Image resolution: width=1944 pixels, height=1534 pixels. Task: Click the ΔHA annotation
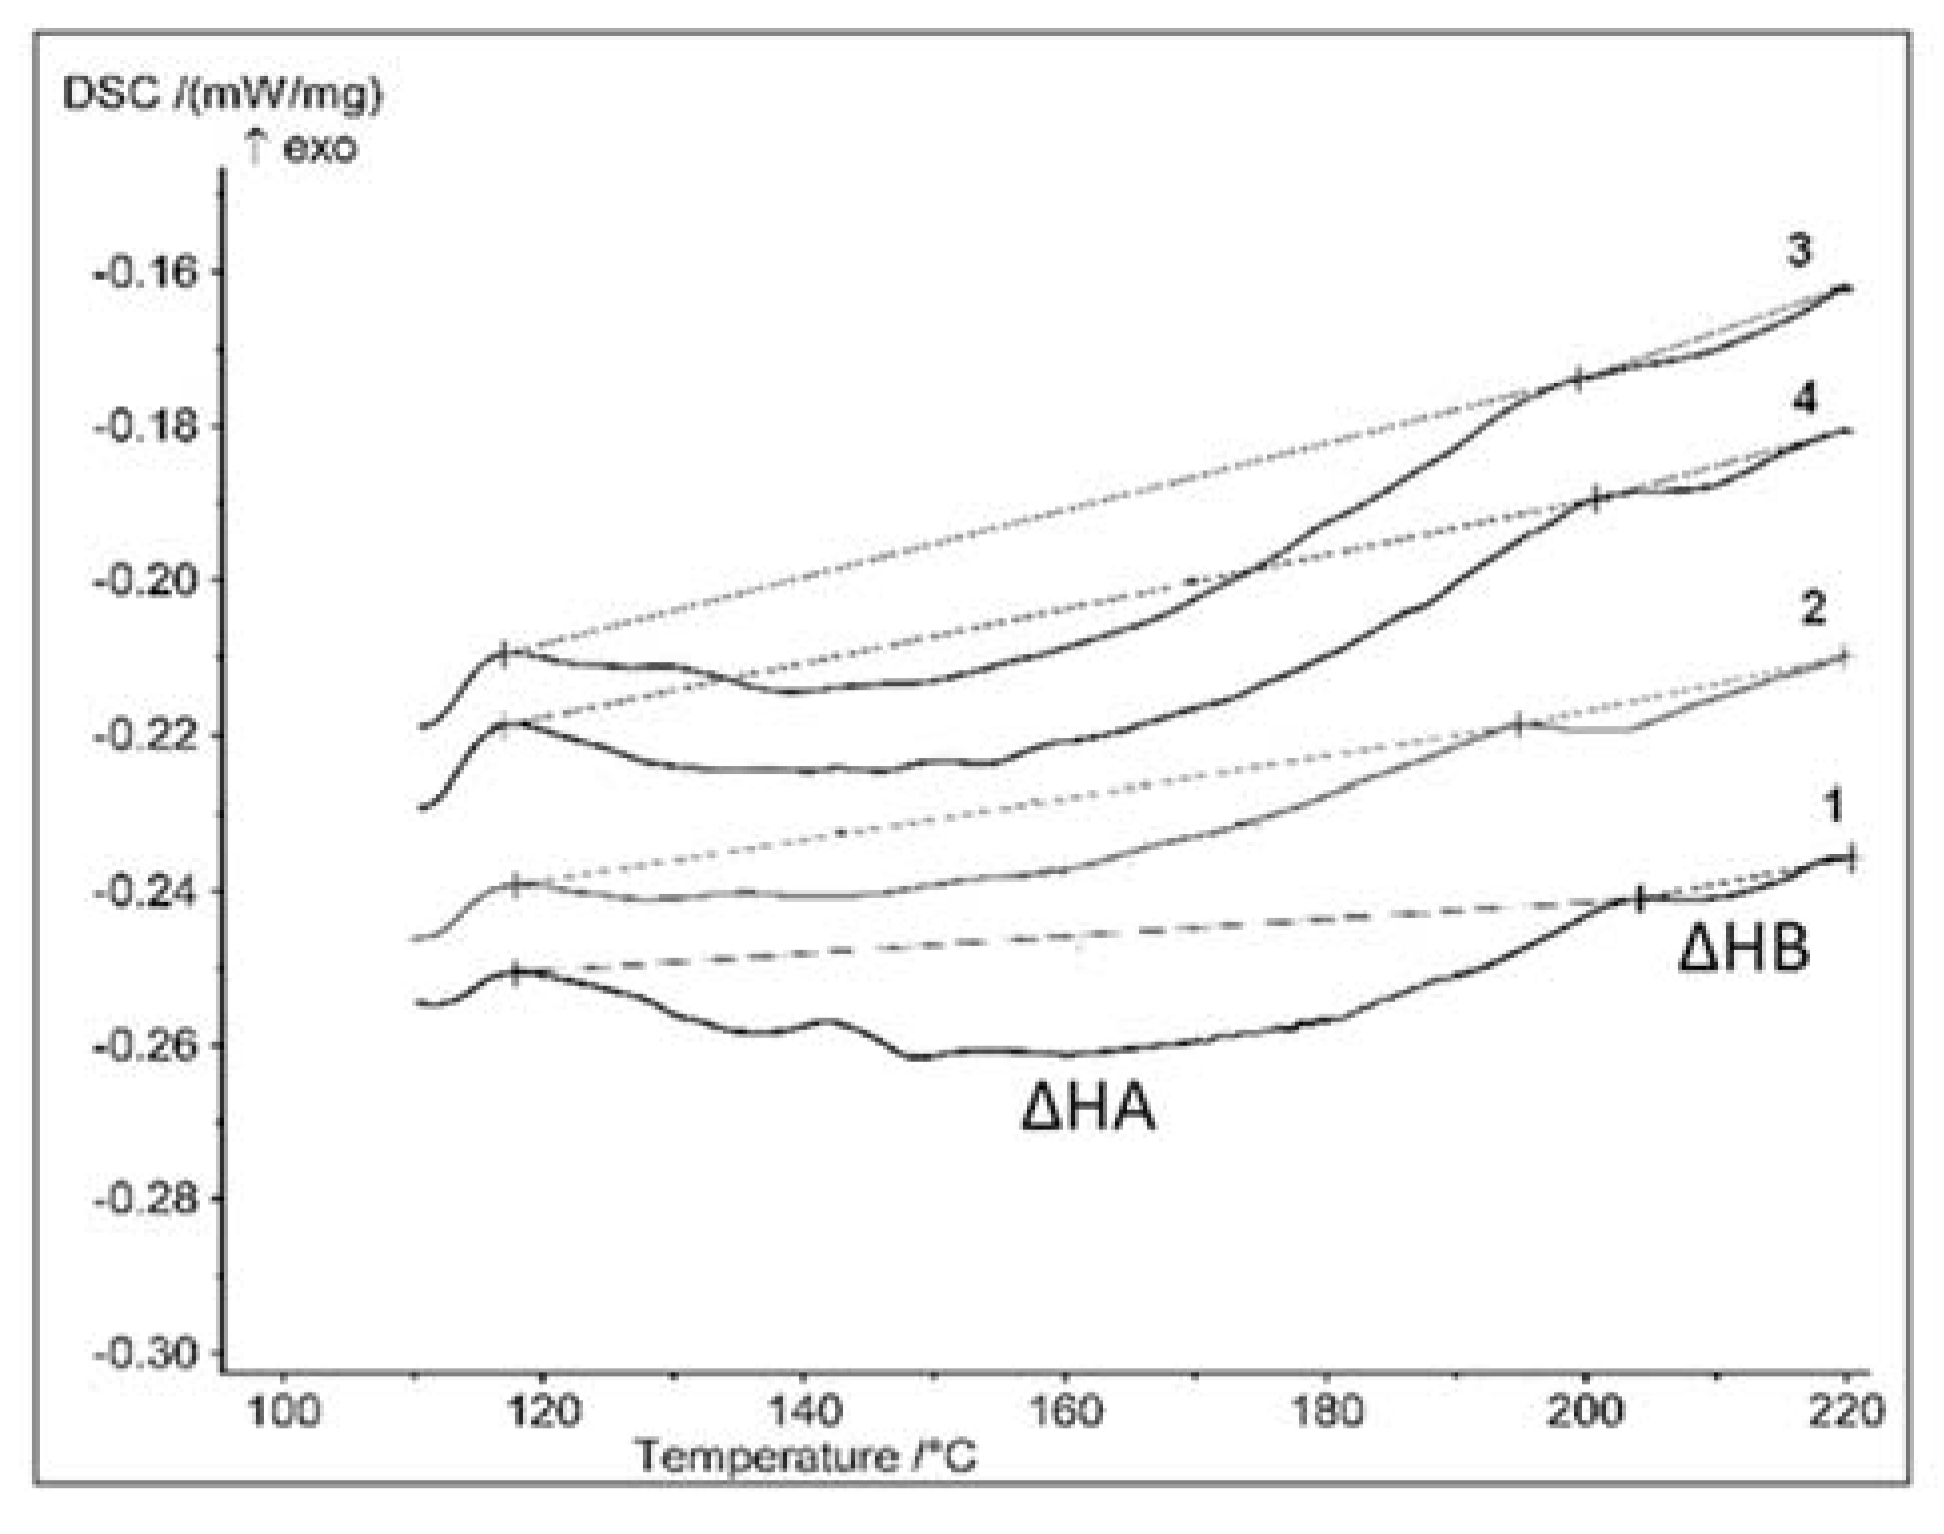pos(1088,1109)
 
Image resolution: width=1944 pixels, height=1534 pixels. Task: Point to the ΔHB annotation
pos(1743,949)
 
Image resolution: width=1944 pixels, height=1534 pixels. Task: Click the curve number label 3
pos(1798,252)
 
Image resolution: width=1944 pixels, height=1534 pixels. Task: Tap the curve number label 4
pos(1804,401)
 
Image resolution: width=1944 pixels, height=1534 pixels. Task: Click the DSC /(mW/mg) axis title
pos(223,95)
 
